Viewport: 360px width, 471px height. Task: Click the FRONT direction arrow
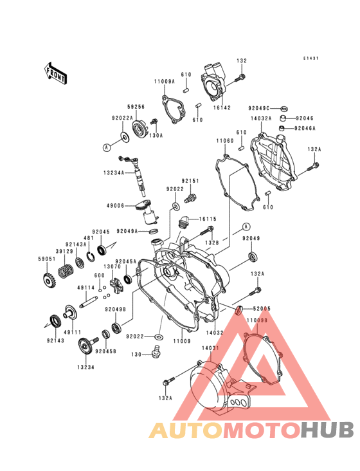tap(56, 73)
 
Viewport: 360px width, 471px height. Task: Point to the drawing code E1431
tap(311, 58)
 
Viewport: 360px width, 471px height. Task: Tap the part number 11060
tap(224, 140)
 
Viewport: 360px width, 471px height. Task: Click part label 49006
tap(116, 206)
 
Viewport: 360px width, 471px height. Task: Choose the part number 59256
tap(136, 107)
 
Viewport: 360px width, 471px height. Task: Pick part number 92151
tap(190, 181)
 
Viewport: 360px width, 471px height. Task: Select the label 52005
tap(260, 309)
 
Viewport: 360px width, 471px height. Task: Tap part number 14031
tap(212, 348)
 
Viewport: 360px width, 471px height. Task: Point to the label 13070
tap(113, 266)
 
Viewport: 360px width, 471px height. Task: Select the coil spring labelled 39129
tap(64, 272)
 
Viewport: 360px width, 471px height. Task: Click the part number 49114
tap(86, 288)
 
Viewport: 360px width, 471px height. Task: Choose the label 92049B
tap(115, 309)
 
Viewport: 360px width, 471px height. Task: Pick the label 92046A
tap(305, 129)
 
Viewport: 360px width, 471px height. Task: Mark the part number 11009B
tap(256, 320)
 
